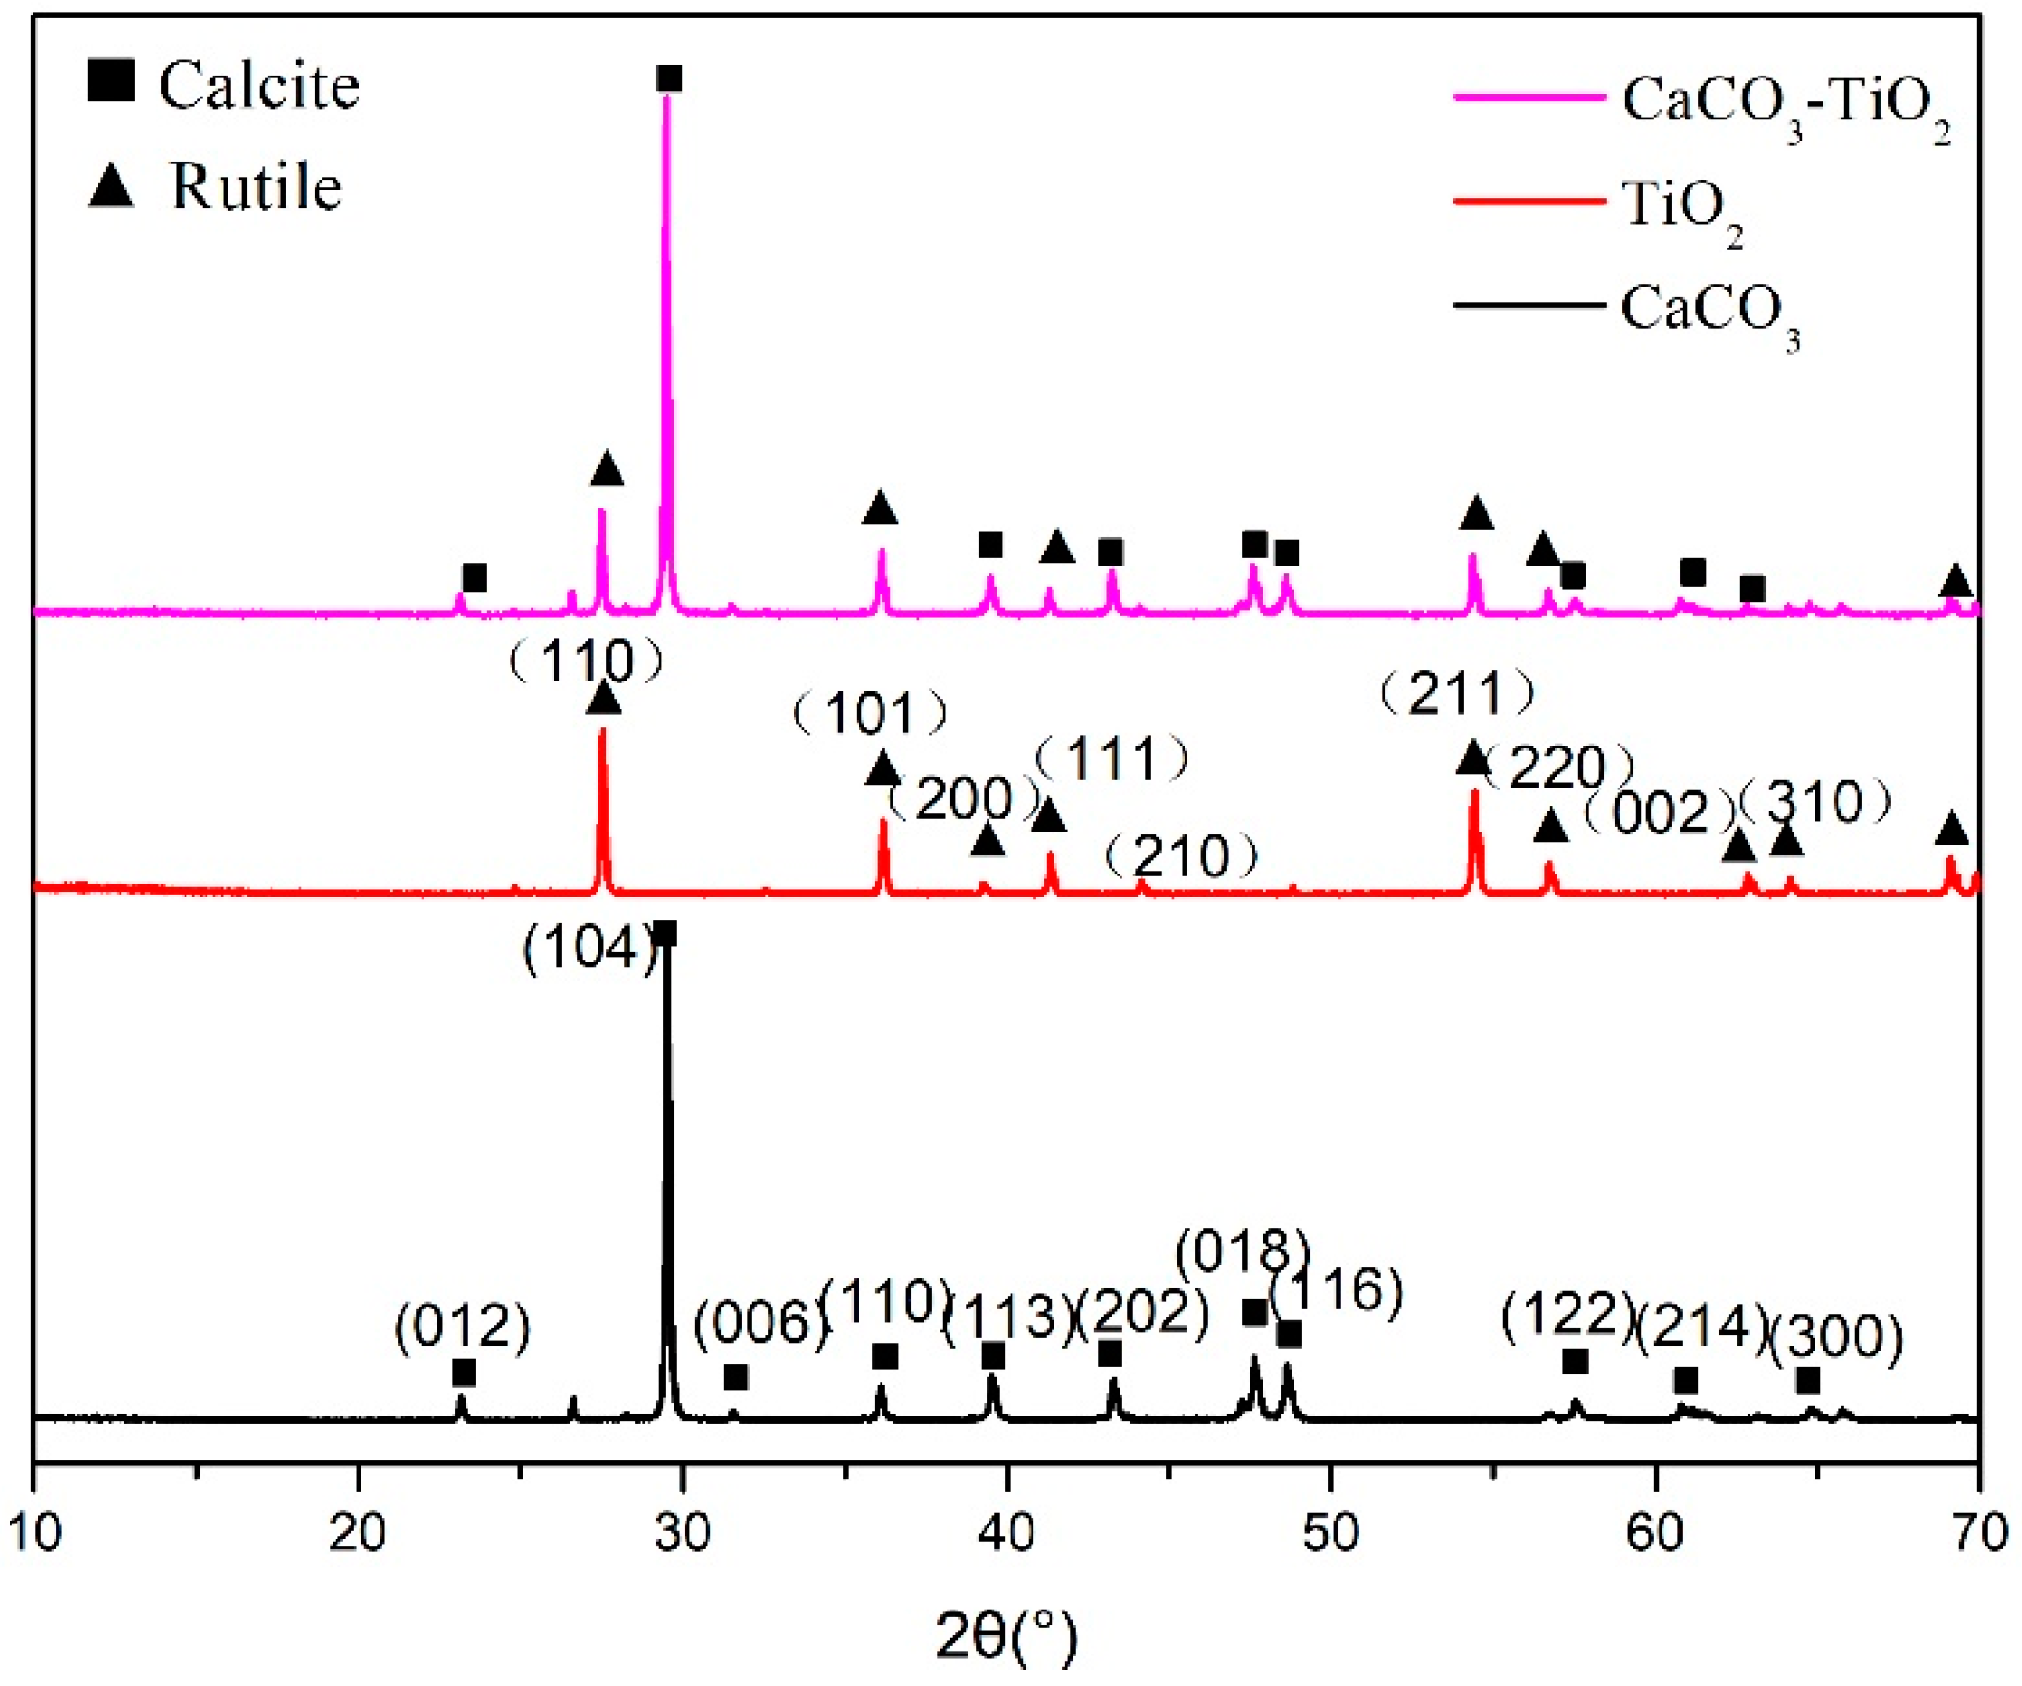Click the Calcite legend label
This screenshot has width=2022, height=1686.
258,87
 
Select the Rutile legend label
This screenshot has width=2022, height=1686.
256,186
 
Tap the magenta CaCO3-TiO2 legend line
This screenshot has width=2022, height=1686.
1528,97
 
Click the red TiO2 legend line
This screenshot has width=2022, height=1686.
1528,202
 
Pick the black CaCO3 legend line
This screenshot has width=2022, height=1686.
1528,306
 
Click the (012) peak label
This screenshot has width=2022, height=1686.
462,1327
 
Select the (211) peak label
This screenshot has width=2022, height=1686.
1458,693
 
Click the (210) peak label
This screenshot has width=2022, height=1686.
1182,856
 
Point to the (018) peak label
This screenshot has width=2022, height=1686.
1243,1253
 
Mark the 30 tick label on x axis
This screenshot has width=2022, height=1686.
682,1531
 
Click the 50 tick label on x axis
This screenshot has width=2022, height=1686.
1331,1531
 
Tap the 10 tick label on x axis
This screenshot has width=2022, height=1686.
34,1531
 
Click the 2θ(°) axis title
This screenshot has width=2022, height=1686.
1006,1636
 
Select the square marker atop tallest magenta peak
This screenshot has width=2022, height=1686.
668,79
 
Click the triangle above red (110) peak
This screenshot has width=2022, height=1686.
602,697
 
